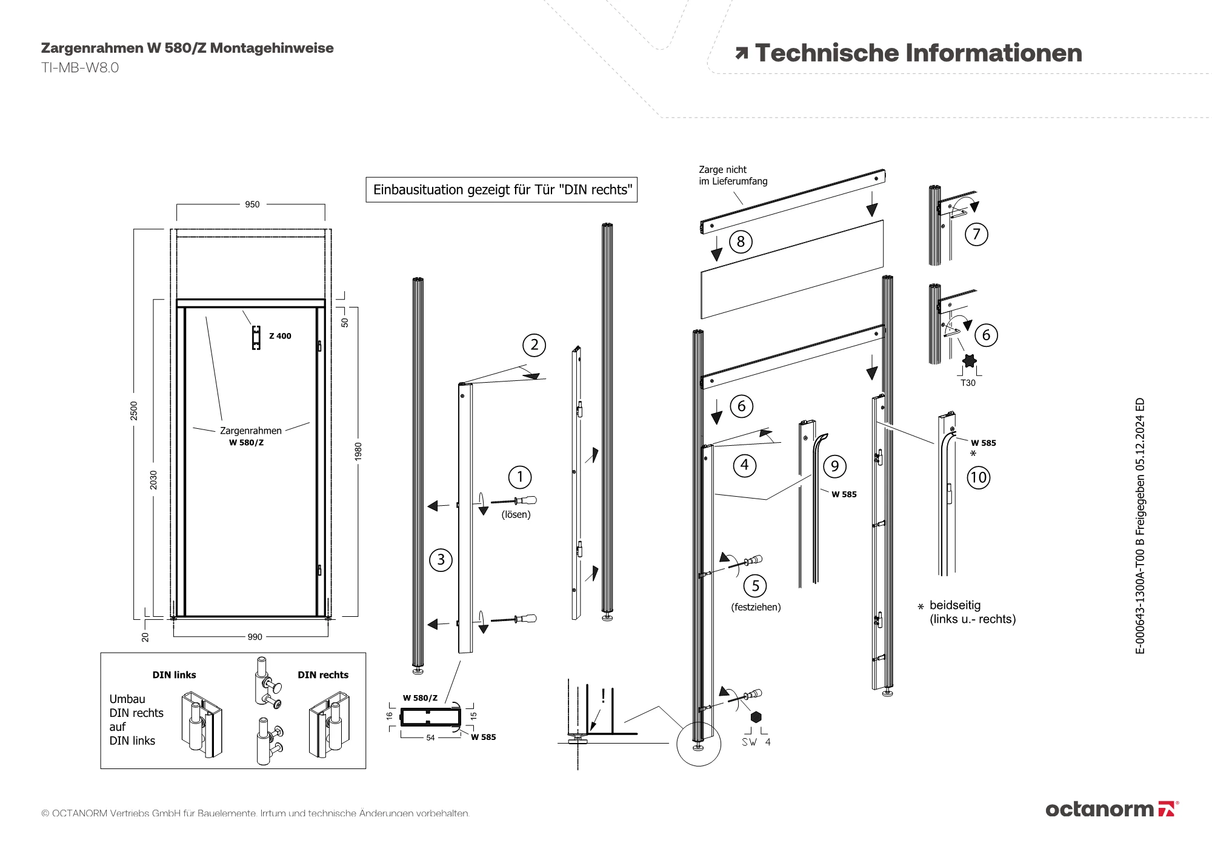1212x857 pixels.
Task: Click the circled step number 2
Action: (534, 345)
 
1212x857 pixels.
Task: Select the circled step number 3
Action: (441, 559)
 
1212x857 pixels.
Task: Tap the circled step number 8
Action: (740, 241)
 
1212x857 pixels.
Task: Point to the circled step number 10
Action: (978, 477)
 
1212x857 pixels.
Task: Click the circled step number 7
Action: (976, 234)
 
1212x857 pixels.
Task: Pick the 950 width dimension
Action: (252, 204)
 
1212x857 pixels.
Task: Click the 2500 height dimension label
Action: (134, 411)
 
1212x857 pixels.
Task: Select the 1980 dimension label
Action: (358, 451)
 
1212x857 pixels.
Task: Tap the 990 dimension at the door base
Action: (255, 637)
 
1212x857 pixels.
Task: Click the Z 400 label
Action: (280, 336)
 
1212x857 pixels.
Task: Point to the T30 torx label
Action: (968, 383)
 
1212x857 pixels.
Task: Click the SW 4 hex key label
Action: (756, 742)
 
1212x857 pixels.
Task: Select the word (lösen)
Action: (516, 514)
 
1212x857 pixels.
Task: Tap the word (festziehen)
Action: (756, 607)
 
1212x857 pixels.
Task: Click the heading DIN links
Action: (174, 675)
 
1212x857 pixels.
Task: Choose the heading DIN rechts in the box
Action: (323, 675)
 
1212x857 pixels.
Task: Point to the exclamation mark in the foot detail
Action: (603, 696)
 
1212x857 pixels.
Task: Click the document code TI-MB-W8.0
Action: (80, 67)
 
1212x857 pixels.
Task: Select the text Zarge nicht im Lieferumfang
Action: (733, 175)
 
